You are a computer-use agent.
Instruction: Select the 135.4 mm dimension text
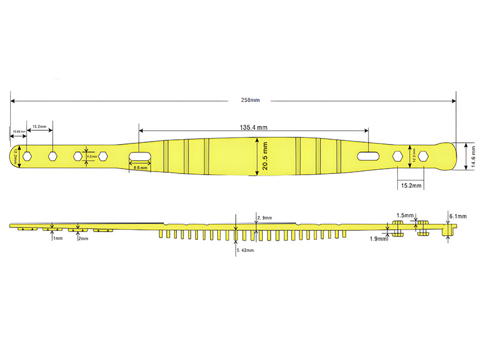point(254,128)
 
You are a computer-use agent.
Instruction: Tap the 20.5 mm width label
point(264,155)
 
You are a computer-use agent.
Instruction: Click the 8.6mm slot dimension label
point(139,169)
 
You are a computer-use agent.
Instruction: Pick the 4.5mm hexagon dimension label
point(92,157)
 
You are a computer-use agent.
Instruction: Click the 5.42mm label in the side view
point(245,250)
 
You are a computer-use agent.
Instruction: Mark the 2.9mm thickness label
point(264,217)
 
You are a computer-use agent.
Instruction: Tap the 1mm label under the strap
point(58,238)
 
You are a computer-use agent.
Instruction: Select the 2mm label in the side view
point(83,238)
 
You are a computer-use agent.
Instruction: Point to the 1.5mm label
point(405,215)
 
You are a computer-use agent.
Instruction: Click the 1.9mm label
point(379,239)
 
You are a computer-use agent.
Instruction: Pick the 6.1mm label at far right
point(458,216)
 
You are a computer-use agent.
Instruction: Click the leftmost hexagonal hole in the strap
point(27,156)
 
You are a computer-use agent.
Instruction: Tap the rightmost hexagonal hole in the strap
point(424,156)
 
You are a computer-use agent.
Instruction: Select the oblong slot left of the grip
point(139,156)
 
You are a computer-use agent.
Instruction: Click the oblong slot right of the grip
point(368,156)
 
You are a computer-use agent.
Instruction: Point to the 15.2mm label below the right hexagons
point(411,186)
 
